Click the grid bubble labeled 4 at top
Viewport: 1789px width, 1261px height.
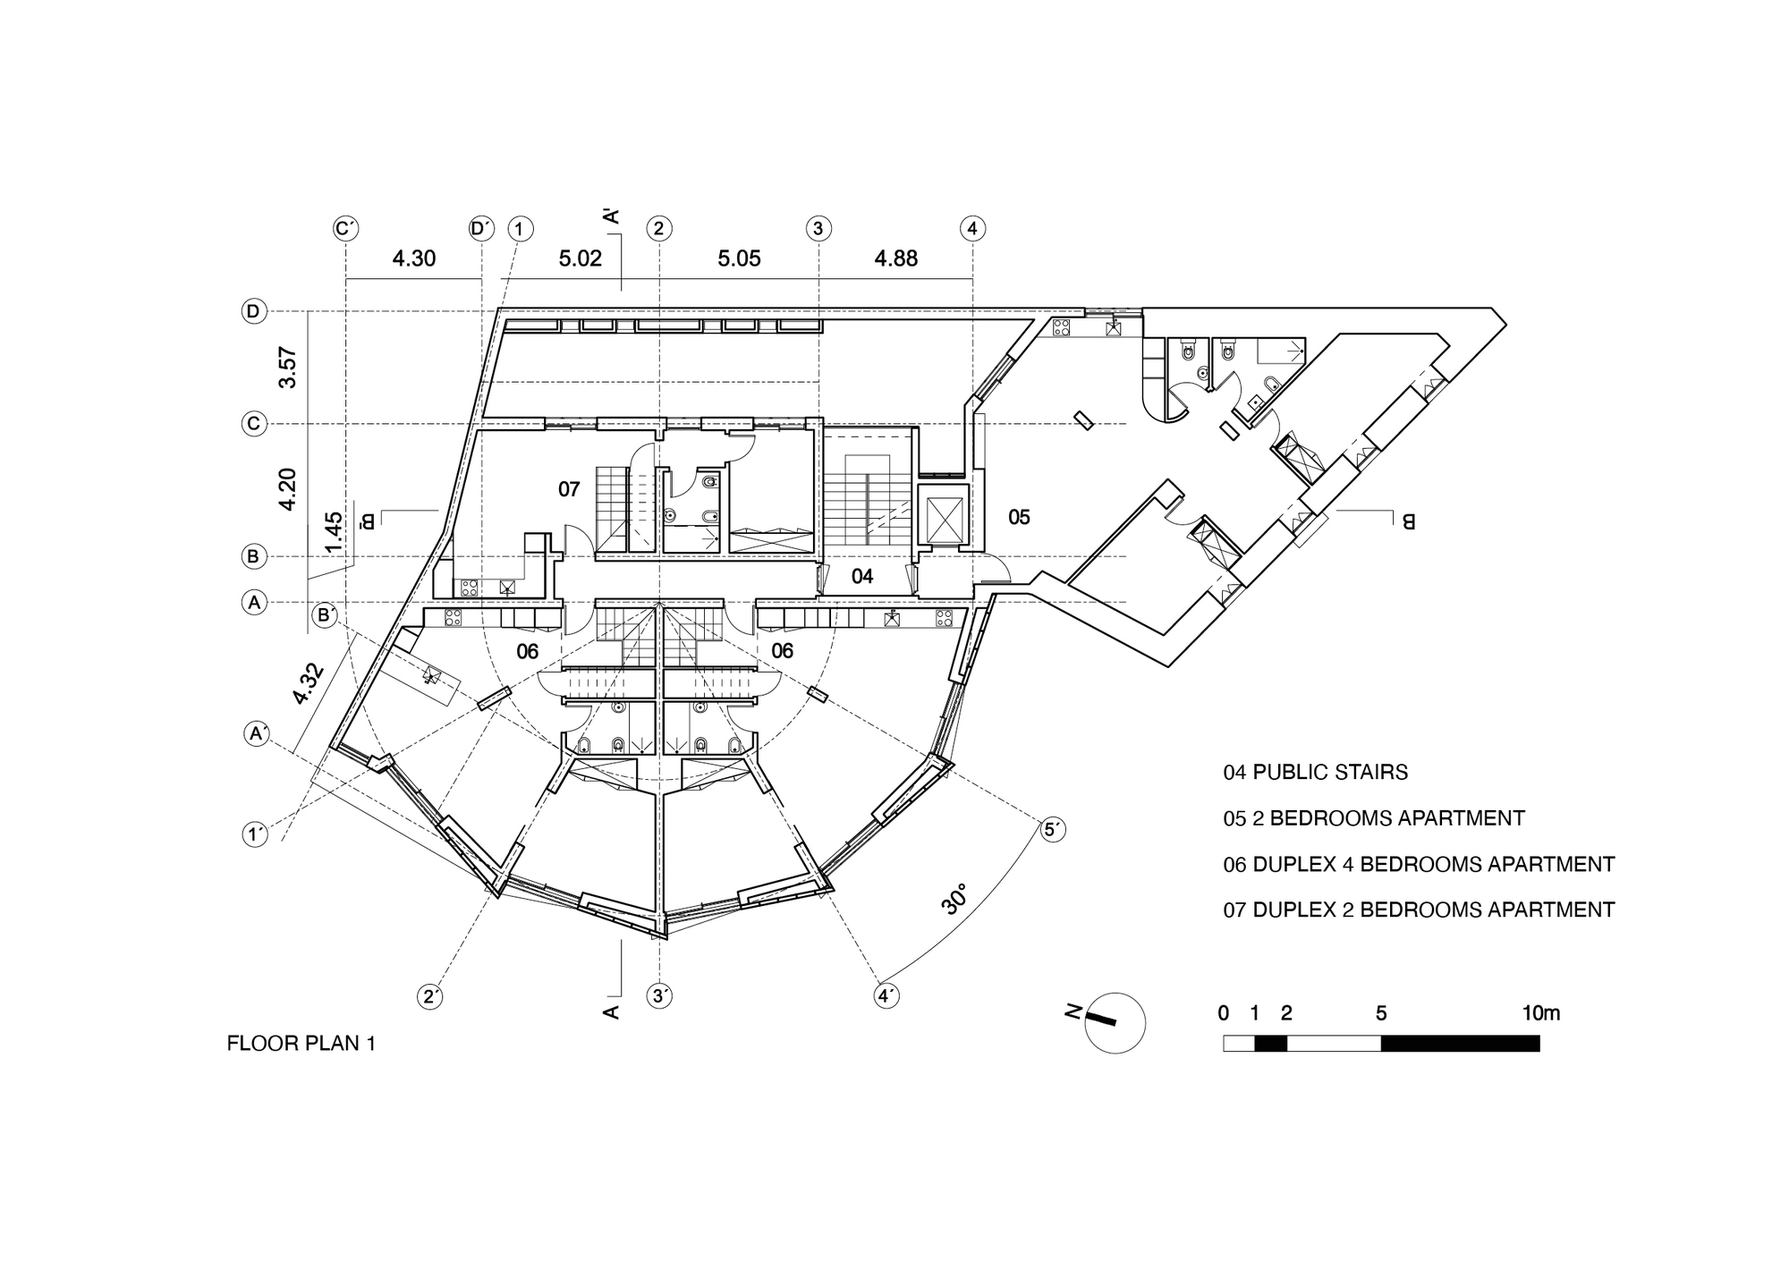pos(972,229)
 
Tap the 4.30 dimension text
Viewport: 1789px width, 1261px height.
pos(413,259)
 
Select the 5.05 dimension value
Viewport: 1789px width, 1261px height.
pos(739,259)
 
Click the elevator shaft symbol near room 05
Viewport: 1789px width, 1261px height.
pos(943,518)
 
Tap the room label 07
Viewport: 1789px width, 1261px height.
pos(569,489)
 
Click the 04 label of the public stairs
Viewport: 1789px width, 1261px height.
pos(861,577)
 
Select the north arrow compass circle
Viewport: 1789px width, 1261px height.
pos(1115,1023)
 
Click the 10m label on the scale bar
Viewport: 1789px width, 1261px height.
pos(1540,1013)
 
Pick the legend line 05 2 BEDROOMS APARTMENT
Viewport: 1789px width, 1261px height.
pos(1373,818)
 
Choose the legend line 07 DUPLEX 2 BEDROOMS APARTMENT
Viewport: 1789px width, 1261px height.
pos(1419,910)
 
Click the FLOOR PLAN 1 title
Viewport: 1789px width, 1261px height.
pos(301,1044)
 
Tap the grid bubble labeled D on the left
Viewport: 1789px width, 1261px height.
pos(254,311)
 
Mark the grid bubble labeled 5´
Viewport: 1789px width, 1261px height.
pos(1054,830)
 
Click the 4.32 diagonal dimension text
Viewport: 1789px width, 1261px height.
pos(308,683)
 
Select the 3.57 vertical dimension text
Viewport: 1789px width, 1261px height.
pos(287,368)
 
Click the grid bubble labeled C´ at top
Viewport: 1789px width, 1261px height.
pos(345,229)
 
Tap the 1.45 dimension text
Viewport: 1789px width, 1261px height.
pos(333,532)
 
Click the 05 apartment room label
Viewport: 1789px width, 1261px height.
pos(1019,517)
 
